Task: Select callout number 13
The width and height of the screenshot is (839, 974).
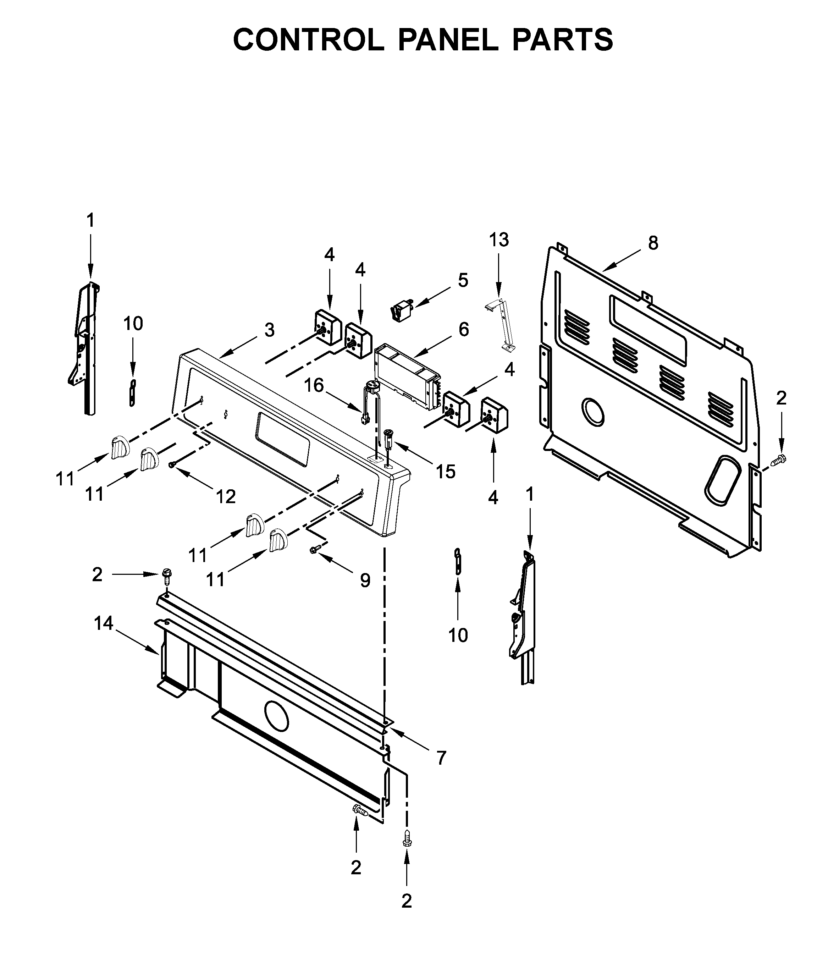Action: tap(499, 240)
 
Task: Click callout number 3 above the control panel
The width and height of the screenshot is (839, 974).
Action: tap(269, 330)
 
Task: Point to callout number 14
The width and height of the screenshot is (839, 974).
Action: tap(103, 623)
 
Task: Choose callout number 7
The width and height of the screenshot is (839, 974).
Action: tap(441, 758)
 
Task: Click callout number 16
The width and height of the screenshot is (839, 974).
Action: tap(314, 385)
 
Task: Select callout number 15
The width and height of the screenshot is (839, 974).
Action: tap(446, 472)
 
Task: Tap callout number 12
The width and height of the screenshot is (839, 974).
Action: tap(226, 496)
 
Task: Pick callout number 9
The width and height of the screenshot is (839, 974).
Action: tap(365, 580)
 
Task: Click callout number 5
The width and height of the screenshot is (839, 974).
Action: tap(463, 281)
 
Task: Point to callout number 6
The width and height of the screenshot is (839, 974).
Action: tap(463, 330)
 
